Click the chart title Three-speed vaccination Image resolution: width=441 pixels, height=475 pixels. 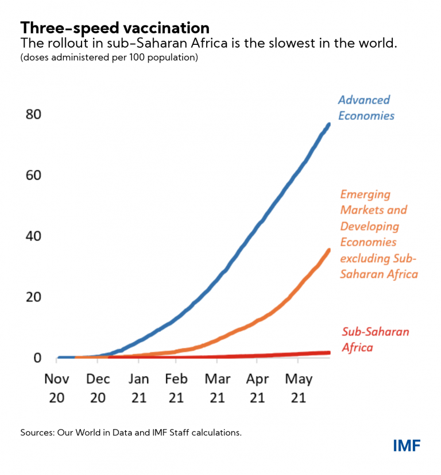[x=115, y=28]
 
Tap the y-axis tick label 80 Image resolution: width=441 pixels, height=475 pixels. [x=34, y=114]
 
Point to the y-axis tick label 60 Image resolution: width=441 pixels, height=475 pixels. [x=34, y=175]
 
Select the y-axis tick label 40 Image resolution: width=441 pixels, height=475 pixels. [x=34, y=236]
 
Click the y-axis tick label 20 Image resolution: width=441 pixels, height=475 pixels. [x=34, y=297]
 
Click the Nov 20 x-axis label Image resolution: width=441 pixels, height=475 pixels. [x=57, y=388]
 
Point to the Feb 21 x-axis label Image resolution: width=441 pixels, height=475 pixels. [x=177, y=388]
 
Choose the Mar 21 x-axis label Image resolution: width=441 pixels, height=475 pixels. [x=217, y=388]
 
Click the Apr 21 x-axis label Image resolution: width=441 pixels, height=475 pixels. [x=258, y=388]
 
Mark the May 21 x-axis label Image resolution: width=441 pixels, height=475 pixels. [x=299, y=388]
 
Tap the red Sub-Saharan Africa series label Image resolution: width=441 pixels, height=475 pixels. [x=368, y=339]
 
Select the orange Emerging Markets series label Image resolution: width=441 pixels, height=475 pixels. [x=378, y=234]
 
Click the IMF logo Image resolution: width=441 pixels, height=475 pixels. [x=407, y=445]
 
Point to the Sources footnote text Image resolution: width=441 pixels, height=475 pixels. [x=131, y=432]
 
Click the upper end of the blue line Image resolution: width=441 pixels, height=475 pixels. [x=328, y=125]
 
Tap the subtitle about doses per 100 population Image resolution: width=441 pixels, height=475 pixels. [x=109, y=58]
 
